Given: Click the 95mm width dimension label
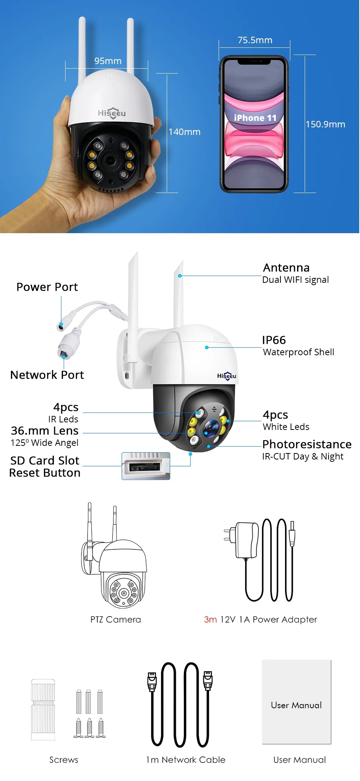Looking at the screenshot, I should (108, 61).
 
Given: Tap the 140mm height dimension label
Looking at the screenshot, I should (185, 132).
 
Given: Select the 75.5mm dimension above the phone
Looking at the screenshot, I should (255, 40).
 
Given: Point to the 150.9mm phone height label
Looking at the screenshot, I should (326, 124).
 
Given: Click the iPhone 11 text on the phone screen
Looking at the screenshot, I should (255, 118).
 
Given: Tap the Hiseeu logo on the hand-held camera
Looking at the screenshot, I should (112, 113).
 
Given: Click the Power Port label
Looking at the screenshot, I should (47, 287).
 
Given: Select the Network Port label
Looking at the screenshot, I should (47, 375).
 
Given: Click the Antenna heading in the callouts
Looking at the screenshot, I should (286, 268).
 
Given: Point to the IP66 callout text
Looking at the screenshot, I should (274, 340).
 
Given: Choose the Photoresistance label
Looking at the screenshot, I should (307, 444).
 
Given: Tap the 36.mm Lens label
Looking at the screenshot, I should (45, 431).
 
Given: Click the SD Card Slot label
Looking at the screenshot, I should (45, 461).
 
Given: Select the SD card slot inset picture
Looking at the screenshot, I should (146, 466).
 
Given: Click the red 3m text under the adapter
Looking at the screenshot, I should (210, 619).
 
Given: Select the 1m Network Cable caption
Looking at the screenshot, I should (186, 760).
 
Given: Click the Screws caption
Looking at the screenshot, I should (64, 760).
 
